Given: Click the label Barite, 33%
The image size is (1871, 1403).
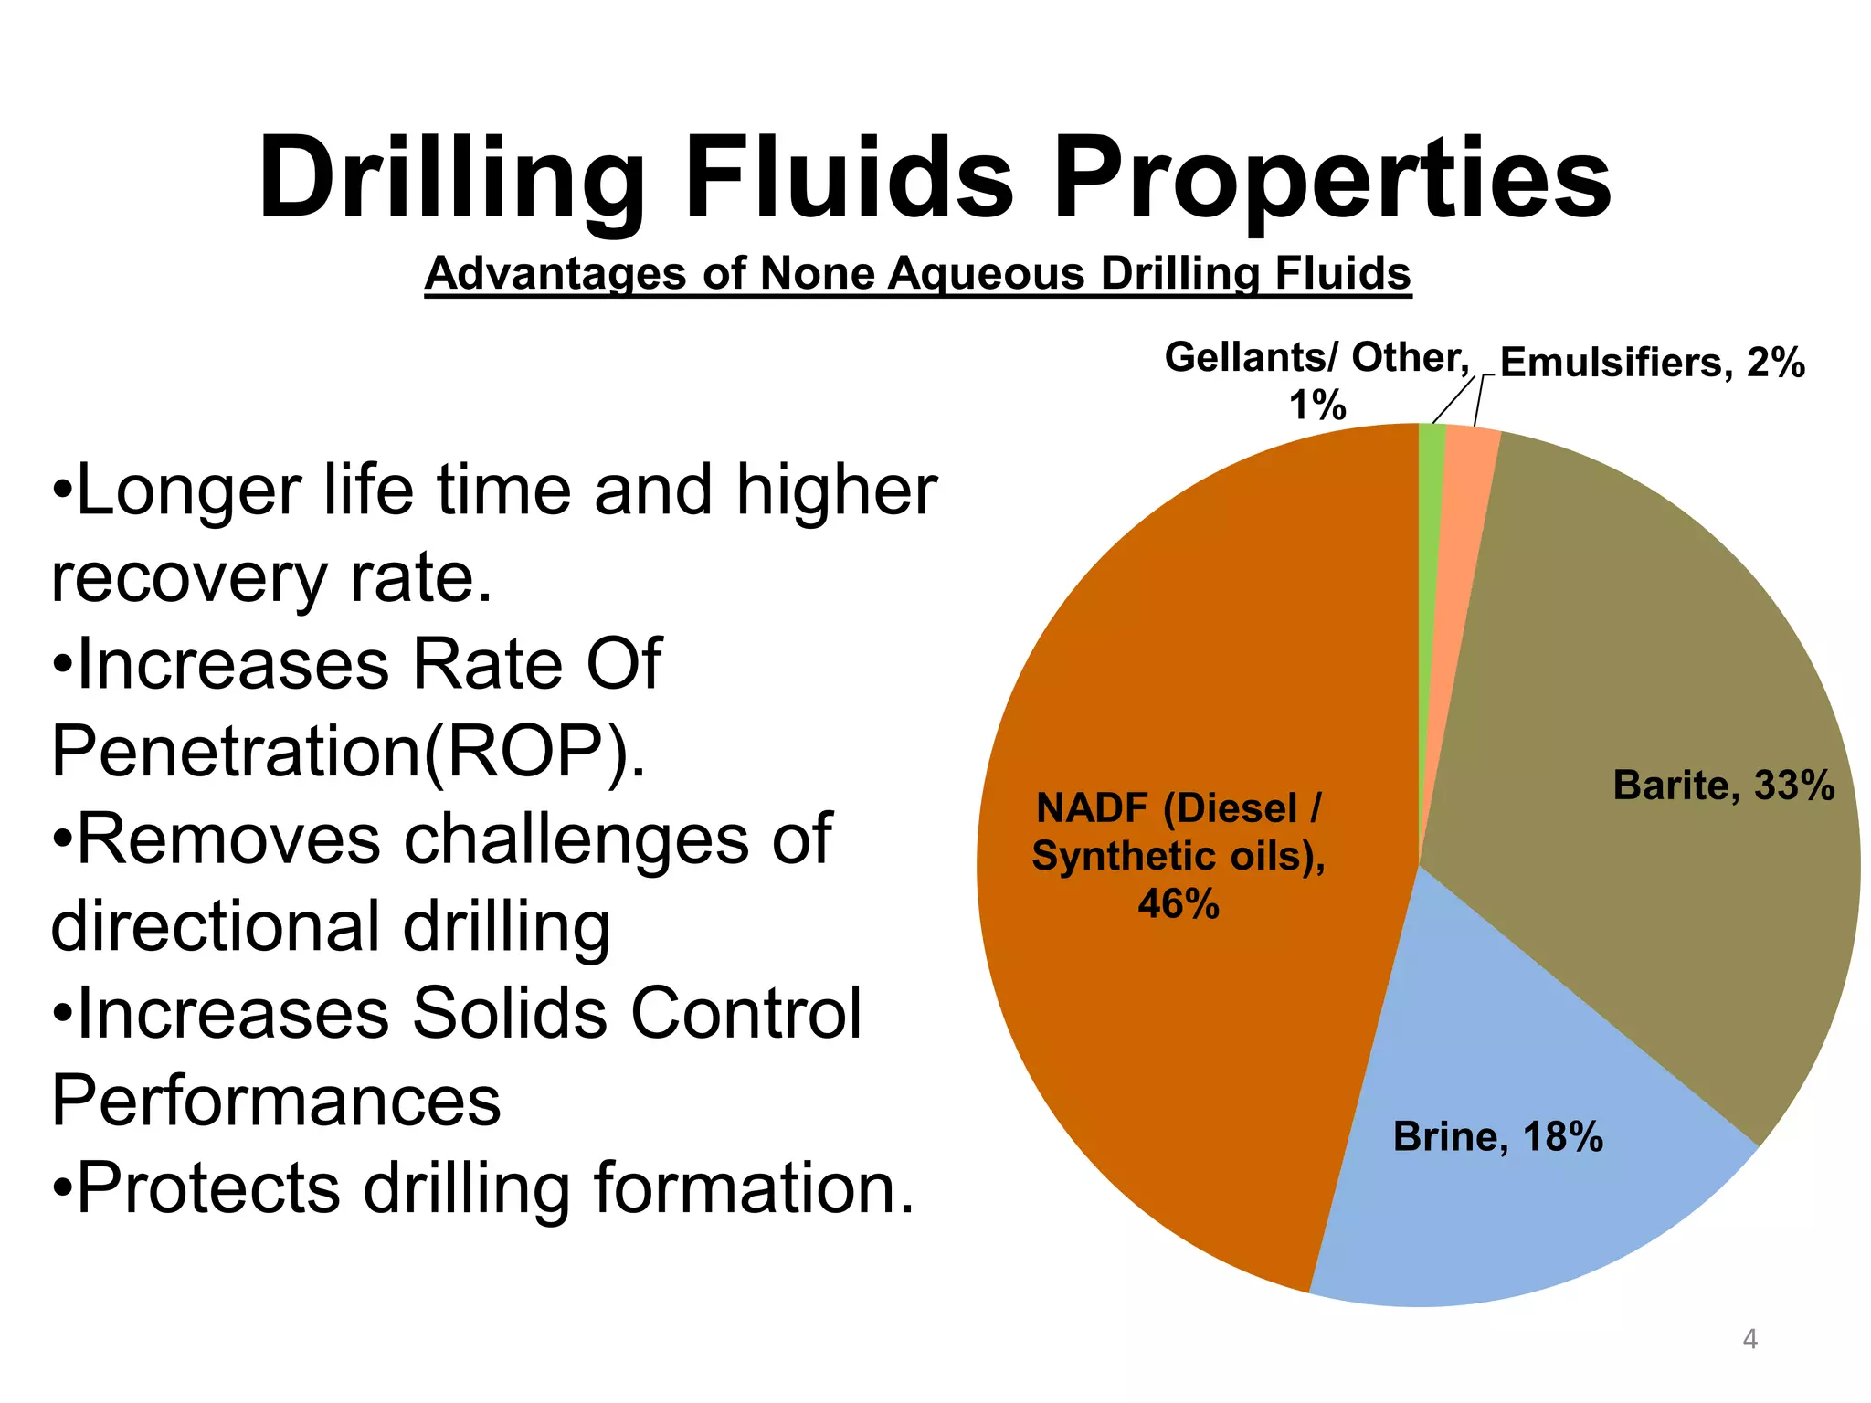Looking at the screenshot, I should click(x=1723, y=786).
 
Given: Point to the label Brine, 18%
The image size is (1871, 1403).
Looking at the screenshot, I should click(x=1497, y=1137).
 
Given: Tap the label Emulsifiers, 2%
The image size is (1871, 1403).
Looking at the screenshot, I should click(x=1652, y=363).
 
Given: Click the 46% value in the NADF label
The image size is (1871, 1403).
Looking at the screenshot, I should click(x=1178, y=904).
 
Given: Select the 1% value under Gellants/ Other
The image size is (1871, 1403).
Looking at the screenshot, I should click(x=1316, y=405).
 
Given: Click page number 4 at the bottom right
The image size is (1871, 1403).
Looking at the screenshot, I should click(x=1749, y=1339).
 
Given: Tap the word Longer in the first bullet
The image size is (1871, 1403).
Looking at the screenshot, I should click(x=187, y=491).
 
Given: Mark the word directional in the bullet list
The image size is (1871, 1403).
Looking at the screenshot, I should click(x=216, y=925).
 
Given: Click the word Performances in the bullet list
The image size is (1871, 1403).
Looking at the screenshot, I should click(x=276, y=1101).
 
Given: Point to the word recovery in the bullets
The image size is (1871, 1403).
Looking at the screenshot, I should click(x=188, y=578).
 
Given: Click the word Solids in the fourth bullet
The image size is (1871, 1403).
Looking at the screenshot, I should click(x=510, y=1013).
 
